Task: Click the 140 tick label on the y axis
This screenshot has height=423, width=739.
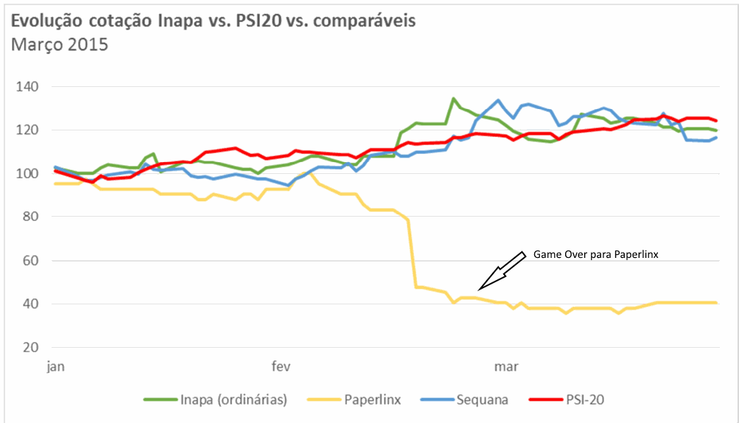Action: tap(29, 87)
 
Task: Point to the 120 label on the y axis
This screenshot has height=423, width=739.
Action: tap(29, 130)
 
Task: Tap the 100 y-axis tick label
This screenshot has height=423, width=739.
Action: tap(29, 174)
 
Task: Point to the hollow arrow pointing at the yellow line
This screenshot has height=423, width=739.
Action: tap(500, 270)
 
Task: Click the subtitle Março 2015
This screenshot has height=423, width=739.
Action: tap(59, 44)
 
